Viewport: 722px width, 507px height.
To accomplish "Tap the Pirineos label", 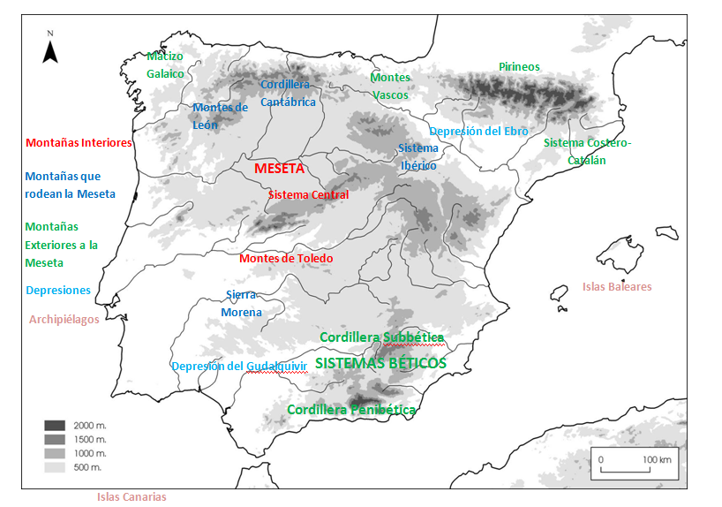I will point(519,67).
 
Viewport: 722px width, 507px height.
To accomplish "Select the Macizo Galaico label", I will point(165,65).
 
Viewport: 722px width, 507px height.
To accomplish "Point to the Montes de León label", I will point(220,116).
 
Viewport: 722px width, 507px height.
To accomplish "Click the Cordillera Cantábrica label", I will point(287,93).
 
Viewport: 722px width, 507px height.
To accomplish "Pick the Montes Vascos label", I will point(390,86).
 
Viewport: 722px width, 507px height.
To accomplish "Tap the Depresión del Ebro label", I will point(478,132).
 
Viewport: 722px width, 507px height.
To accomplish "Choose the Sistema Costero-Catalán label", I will point(587,151).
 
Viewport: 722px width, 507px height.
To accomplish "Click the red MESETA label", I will point(279,168).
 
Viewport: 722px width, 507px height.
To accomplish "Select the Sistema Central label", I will point(308,195).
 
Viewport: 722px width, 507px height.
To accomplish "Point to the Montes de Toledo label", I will point(286,259).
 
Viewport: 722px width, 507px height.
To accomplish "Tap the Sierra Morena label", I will point(241,304).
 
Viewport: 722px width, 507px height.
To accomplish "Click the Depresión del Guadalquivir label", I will point(238,367).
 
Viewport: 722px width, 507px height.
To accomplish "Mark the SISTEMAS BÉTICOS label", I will point(380,363).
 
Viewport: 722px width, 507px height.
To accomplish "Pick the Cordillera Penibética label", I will point(351,410).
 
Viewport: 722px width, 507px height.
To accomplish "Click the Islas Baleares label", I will point(617,286).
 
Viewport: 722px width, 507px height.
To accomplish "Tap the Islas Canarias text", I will point(132,496).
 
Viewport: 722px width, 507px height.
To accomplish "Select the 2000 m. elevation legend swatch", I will point(56,426).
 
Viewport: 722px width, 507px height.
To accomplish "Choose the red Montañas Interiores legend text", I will point(79,142).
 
